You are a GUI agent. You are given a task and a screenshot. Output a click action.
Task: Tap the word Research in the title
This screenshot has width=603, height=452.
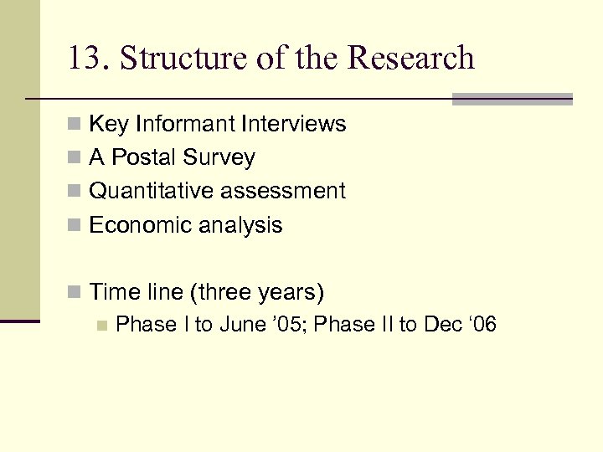pyautogui.click(x=410, y=59)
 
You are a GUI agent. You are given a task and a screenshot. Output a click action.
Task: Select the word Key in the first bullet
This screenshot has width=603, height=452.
pyautogui.click(x=106, y=125)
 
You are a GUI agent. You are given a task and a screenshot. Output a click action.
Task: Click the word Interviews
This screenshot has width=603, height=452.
pyautogui.click(x=293, y=125)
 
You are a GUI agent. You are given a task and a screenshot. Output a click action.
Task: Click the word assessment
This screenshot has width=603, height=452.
pyautogui.click(x=283, y=192)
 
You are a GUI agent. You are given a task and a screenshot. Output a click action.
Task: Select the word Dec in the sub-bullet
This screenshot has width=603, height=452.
pyautogui.click(x=443, y=325)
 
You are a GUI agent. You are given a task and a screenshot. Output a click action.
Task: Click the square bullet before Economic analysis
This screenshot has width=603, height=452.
pyautogui.click(x=75, y=226)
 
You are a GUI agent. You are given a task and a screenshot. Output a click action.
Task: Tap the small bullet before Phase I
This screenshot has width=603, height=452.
pyautogui.click(x=101, y=326)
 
